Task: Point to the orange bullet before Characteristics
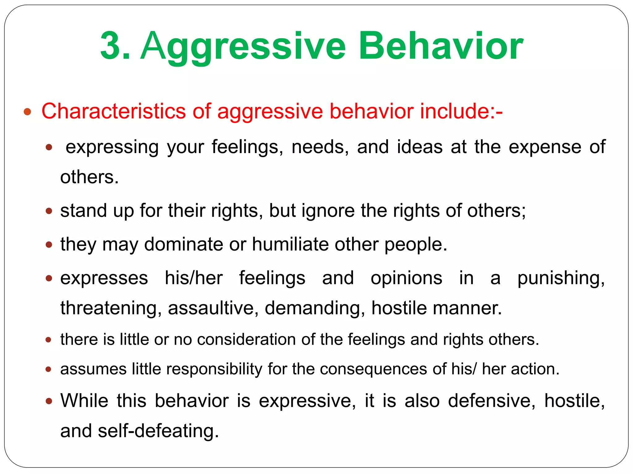click(x=28, y=111)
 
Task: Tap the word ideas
click(x=420, y=147)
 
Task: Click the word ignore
click(x=328, y=211)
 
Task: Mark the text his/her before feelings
click(x=194, y=278)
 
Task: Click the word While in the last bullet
click(x=84, y=401)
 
